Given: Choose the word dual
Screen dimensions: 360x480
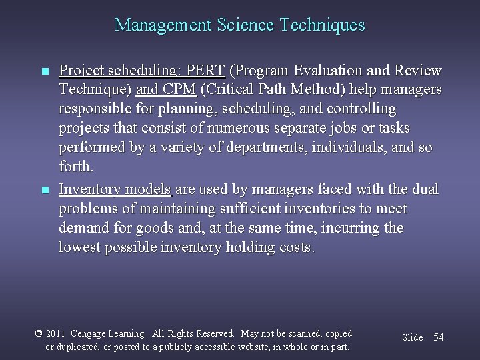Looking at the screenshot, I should tap(425, 190).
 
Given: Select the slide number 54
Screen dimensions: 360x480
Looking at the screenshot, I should tap(438, 337).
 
